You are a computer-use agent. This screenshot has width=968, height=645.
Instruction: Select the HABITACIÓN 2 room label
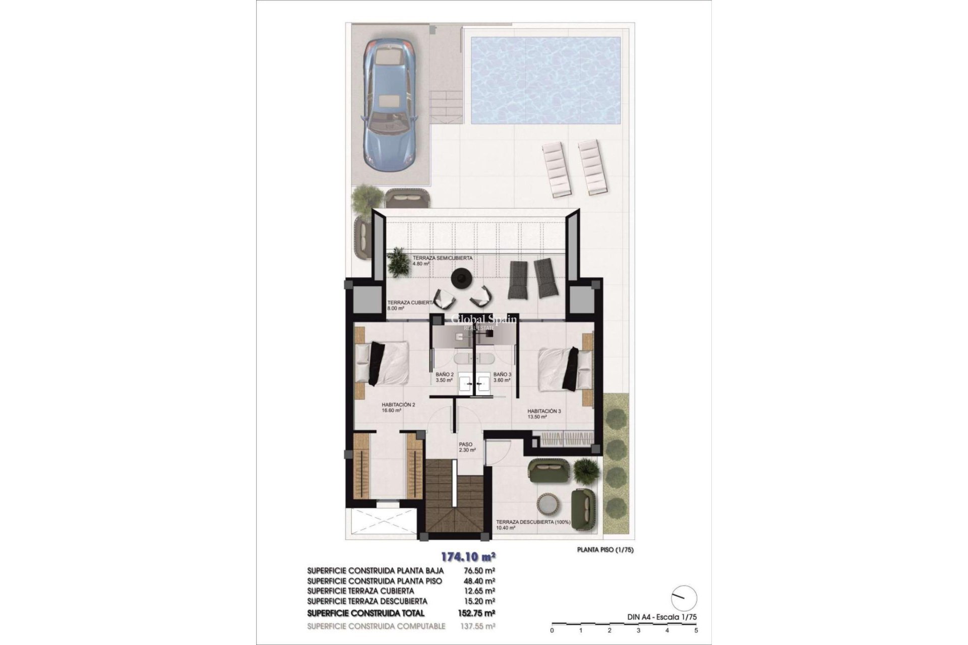[398, 407]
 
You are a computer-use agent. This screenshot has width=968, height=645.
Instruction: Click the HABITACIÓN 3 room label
[544, 414]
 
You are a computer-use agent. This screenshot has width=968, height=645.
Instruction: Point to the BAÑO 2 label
[445, 377]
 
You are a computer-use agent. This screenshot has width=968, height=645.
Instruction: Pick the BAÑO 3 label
[502, 377]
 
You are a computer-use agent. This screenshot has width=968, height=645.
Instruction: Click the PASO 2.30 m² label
[466, 447]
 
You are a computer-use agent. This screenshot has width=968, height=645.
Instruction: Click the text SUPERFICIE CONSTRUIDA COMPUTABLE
[376, 626]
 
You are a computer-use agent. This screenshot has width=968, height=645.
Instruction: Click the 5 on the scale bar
[696, 630]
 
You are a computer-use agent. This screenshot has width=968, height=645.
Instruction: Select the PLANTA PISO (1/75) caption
[605, 550]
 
